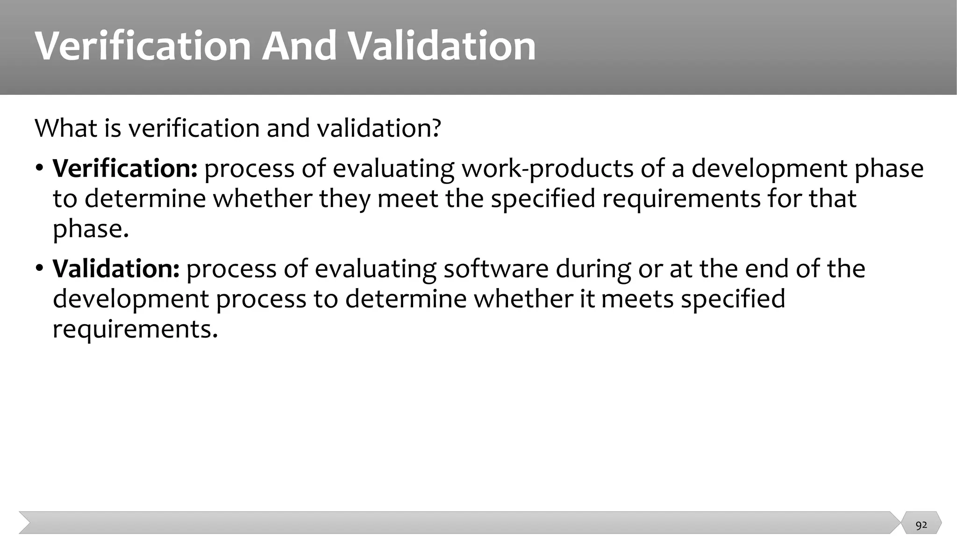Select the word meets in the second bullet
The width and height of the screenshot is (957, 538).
pyautogui.click(x=637, y=299)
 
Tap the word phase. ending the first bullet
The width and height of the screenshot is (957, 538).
pyautogui.click(x=90, y=229)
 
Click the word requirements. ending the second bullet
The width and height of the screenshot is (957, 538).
pyautogui.click(x=135, y=329)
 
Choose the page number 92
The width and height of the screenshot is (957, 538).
pyautogui.click(x=921, y=525)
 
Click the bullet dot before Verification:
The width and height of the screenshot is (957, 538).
pyautogui.click(x=40, y=167)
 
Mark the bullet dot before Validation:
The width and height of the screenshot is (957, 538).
pyautogui.click(x=40, y=268)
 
